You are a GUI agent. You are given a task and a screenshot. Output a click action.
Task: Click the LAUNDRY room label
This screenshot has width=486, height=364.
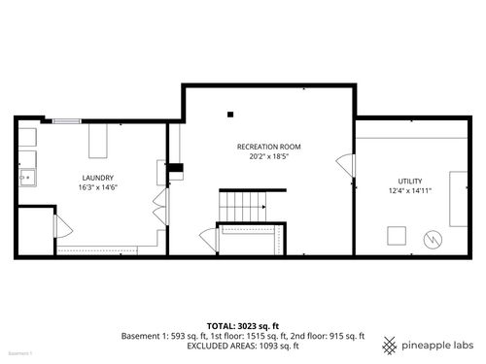click(98, 178)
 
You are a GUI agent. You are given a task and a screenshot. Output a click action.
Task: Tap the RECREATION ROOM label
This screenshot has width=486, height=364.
click(263, 147)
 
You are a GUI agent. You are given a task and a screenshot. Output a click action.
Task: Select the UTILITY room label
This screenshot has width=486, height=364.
click(409, 181)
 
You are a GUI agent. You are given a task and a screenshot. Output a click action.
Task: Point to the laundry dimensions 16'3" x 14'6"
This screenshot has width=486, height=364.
click(98, 187)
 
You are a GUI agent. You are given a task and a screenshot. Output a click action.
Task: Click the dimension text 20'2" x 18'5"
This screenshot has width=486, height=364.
click(263, 156)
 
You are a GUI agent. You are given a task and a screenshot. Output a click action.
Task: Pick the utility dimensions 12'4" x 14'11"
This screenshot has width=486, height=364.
click(409, 190)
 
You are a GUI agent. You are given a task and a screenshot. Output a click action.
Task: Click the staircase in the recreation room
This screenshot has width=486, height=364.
click(242, 205)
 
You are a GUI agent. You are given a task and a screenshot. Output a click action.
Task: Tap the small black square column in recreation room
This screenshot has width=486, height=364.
click(230, 114)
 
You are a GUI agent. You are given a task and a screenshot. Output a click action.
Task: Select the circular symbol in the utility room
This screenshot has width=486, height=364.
click(431, 239)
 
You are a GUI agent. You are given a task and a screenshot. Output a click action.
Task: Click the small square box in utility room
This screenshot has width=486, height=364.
click(397, 235)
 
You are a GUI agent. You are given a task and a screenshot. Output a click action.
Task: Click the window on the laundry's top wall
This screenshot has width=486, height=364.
click(67, 120)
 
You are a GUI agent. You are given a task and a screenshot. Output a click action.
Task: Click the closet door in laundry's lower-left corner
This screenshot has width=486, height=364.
click(60, 229)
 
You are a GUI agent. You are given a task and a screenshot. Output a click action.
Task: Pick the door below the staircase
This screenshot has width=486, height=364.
click(206, 237)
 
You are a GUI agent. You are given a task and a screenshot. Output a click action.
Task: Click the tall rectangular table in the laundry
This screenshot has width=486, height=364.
click(98, 141)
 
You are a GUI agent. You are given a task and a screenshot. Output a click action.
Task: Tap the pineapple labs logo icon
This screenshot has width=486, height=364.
click(390, 346)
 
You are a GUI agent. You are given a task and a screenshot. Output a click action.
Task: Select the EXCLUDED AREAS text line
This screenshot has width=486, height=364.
click(242, 346)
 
